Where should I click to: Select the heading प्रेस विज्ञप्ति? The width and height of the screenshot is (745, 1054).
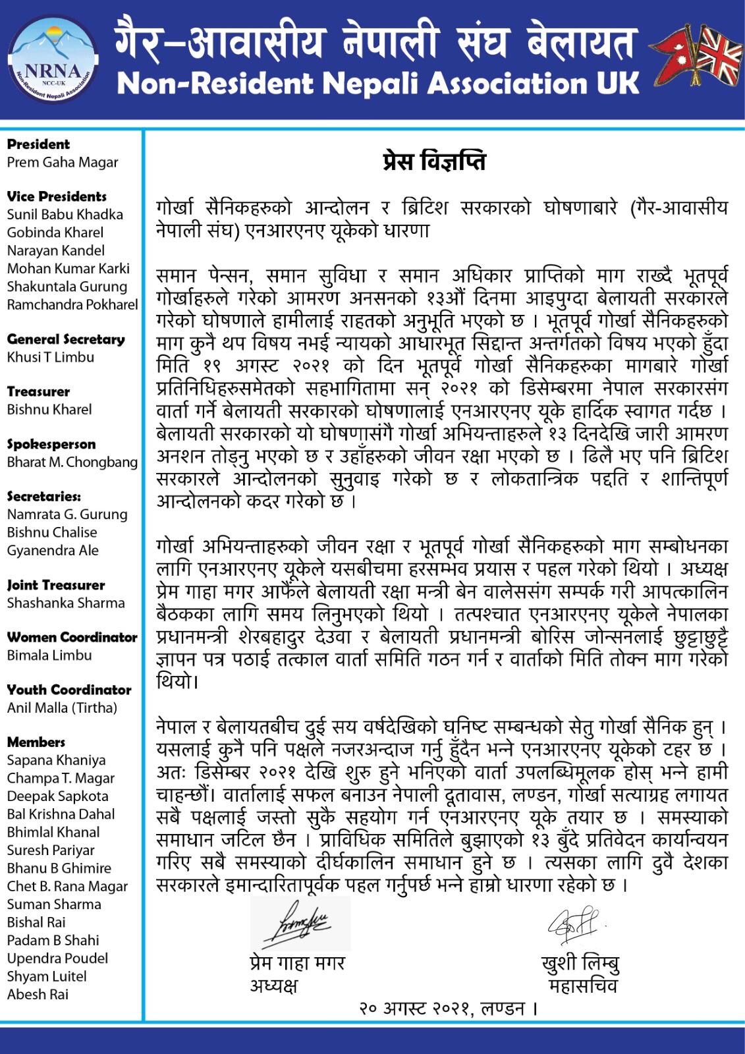434,162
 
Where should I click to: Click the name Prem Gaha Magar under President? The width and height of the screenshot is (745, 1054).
63,162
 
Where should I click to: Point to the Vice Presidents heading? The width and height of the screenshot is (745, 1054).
57,196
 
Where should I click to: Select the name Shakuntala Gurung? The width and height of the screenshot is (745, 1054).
67,287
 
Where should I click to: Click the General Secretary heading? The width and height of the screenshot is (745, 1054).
66,339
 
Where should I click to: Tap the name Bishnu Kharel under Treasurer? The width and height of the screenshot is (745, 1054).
49,409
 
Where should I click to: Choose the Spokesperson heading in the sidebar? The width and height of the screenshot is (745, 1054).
51,444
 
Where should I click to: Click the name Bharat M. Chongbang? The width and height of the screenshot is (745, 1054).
72,462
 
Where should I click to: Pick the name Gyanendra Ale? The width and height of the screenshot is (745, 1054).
53,550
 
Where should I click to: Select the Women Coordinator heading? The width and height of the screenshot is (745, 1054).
72,637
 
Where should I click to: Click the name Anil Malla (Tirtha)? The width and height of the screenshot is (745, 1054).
62,707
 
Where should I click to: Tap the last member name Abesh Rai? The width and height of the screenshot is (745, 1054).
38,994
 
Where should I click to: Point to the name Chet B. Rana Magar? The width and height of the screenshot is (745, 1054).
67,886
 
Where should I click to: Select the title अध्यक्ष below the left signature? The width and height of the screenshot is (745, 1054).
273,985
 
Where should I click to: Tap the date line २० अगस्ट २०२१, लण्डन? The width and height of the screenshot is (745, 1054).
448,1008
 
